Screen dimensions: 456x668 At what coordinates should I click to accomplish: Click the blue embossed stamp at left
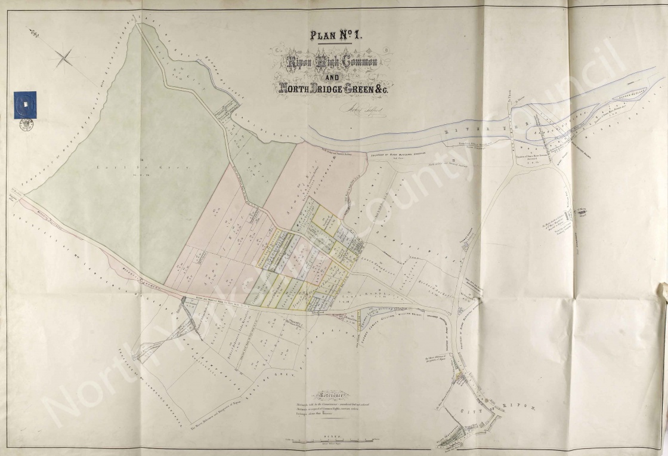point(25,104)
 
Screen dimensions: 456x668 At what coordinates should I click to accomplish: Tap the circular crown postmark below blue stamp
point(26,125)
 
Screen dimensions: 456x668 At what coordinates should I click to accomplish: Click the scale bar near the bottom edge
point(334,440)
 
